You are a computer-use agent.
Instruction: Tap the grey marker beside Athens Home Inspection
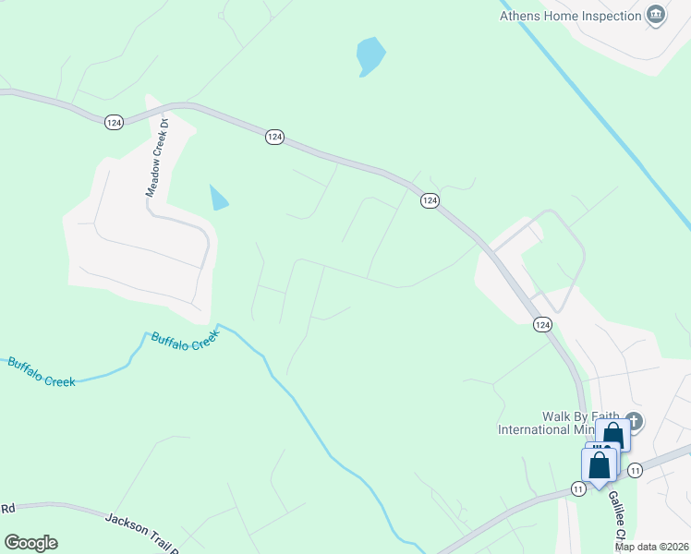point(656,15)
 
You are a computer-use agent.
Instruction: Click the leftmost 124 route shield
point(114,122)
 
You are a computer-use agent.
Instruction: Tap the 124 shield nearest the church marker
point(542,324)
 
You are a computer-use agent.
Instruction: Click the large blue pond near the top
point(370,56)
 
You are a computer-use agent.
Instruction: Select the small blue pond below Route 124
point(219,198)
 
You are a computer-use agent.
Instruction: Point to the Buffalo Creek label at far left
point(41,371)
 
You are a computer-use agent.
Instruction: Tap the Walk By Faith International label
point(559,423)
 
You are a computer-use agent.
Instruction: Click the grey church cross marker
point(634,420)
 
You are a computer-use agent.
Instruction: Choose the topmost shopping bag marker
point(612,435)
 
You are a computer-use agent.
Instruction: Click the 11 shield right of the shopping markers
point(635,471)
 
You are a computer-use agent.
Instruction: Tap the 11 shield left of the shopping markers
point(577,488)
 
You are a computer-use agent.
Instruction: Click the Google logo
point(30,543)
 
